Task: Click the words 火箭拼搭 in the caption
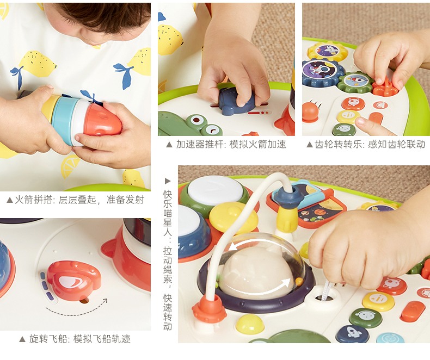click(33, 200)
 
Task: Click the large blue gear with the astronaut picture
click(320, 72)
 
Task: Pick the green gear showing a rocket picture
click(355, 82)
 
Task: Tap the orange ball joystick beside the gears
click(310, 112)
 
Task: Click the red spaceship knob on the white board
click(74, 280)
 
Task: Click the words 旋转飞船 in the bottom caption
click(48, 339)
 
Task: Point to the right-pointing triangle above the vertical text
click(168, 181)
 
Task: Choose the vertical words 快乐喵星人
click(168, 213)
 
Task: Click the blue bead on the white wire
click(289, 196)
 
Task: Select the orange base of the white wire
click(209, 309)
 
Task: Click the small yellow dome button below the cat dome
click(250, 324)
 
